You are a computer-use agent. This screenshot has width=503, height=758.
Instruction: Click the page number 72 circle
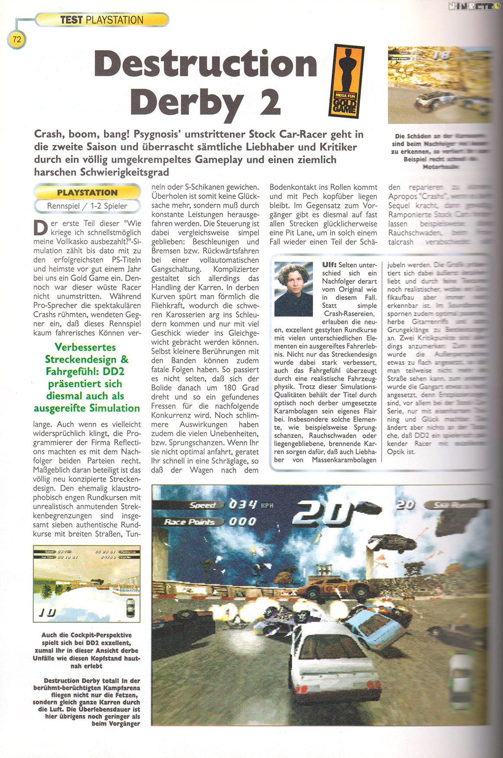[x=16, y=39]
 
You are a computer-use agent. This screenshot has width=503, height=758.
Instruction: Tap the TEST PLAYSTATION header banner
[x=102, y=19]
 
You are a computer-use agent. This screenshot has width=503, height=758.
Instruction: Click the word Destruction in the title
[x=206, y=65]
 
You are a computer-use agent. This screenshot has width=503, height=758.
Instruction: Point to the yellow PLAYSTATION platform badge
[x=87, y=192]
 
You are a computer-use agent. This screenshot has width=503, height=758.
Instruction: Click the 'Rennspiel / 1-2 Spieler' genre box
[x=87, y=206]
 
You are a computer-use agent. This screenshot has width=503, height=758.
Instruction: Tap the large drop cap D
[x=40, y=228]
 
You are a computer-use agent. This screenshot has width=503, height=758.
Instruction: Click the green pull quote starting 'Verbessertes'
[x=87, y=377]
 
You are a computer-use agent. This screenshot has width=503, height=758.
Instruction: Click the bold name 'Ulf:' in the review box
[x=329, y=265]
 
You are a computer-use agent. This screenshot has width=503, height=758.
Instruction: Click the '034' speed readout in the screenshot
[x=243, y=505]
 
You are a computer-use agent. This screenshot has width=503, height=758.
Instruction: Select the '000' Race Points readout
[x=243, y=522]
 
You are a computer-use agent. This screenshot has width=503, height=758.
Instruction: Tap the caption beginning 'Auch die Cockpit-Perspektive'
[x=87, y=650]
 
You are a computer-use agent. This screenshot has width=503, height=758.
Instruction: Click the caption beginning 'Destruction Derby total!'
[x=87, y=702]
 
